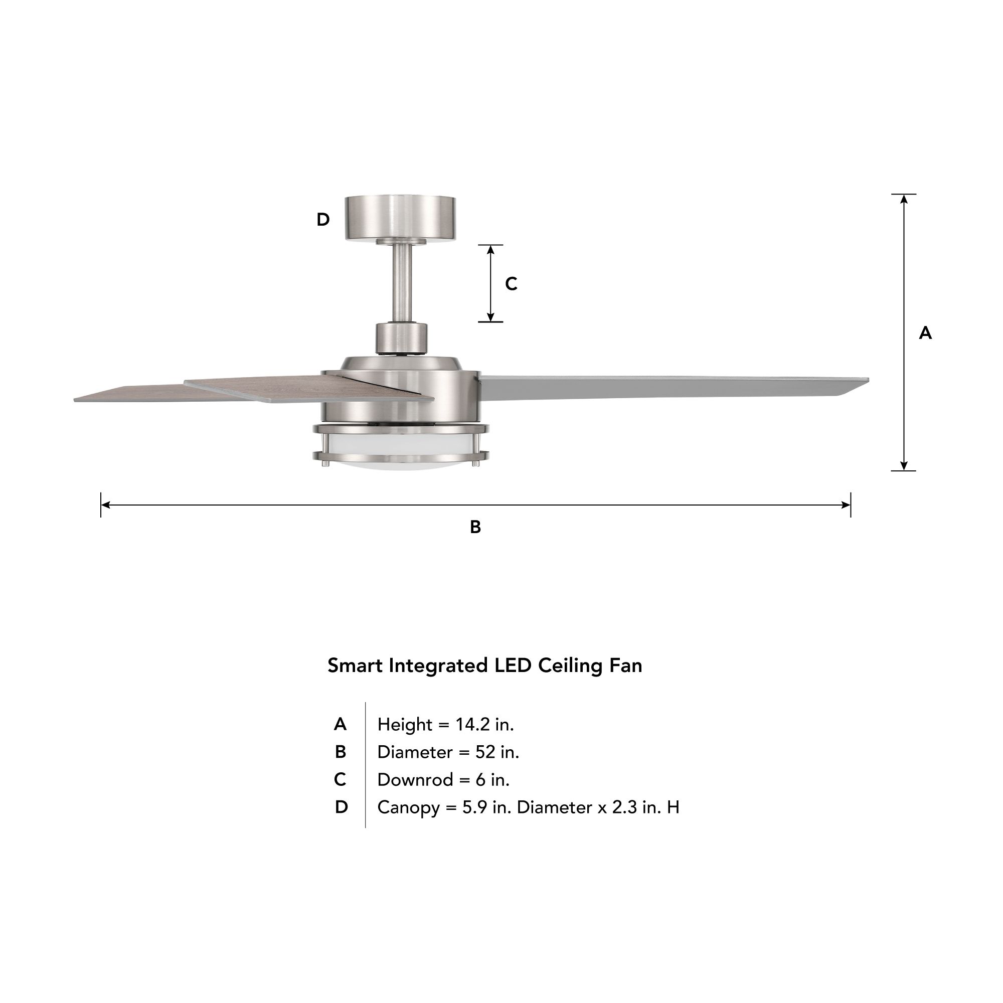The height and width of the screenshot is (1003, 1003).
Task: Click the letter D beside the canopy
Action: (x=323, y=220)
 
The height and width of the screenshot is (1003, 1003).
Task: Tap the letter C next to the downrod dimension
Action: (x=511, y=284)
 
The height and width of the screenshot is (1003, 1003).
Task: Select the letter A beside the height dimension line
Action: (x=925, y=333)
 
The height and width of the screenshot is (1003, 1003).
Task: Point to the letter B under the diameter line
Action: (x=475, y=527)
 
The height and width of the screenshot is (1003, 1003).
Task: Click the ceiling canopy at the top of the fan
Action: (x=400, y=218)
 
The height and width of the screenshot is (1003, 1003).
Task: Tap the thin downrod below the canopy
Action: (x=401, y=283)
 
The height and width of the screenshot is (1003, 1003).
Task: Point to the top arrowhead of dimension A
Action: (x=904, y=199)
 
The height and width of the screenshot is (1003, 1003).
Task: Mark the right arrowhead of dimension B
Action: (x=846, y=505)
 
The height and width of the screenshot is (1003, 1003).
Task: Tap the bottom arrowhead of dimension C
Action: (x=490, y=317)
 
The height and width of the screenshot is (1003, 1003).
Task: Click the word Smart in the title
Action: (x=355, y=665)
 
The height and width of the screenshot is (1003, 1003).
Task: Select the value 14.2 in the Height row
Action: (x=472, y=724)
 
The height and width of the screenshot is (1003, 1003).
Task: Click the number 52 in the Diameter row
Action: (x=485, y=752)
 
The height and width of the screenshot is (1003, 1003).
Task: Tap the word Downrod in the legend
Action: (x=415, y=779)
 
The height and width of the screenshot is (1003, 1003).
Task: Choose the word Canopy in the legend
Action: (x=409, y=807)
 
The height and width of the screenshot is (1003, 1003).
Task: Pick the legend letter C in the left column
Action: (x=340, y=779)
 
